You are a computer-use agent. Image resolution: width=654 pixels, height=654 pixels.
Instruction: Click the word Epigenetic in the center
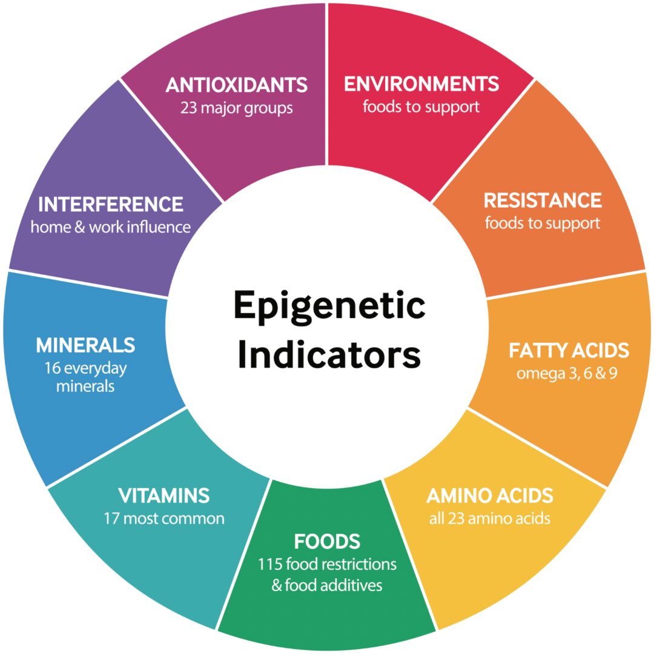pos(329,306)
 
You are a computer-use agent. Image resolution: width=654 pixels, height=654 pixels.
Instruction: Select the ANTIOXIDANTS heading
pos(236,85)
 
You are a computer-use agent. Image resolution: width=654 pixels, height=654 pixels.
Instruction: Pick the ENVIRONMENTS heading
pos(421,84)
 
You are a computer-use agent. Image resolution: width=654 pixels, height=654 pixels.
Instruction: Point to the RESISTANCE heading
pos(543,200)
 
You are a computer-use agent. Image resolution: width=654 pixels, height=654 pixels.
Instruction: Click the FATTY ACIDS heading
pos(569,350)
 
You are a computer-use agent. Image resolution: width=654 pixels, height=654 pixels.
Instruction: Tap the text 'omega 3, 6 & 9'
pos(567,373)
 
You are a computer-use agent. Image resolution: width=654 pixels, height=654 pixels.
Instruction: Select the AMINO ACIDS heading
pos(489,495)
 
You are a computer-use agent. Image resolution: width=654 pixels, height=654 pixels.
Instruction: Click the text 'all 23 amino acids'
pos(489,518)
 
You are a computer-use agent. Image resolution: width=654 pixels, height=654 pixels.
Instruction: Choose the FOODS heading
pos(327,541)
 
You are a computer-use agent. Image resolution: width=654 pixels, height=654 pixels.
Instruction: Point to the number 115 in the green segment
pos(269,564)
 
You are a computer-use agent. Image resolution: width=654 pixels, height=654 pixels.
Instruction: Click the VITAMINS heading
pos(164,495)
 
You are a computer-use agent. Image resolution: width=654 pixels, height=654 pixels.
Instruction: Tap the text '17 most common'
pos(164,518)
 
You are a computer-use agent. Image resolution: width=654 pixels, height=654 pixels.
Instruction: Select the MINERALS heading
pos(85,345)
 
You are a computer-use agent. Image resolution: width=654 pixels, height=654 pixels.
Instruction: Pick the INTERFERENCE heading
pos(110,204)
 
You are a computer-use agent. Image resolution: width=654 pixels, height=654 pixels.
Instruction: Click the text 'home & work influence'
pos(111,227)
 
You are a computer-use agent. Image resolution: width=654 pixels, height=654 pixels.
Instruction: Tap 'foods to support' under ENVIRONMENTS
pos(421,107)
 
